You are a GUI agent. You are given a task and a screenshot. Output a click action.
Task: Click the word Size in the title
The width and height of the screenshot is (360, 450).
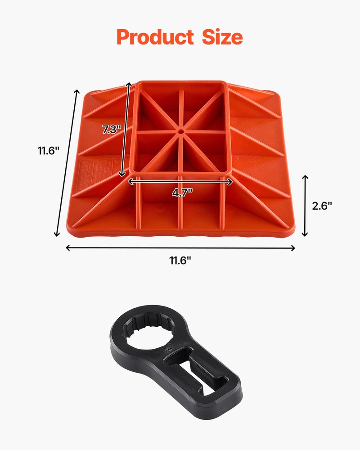click(220, 37)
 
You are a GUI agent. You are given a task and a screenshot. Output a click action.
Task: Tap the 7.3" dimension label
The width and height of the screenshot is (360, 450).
click(112, 130)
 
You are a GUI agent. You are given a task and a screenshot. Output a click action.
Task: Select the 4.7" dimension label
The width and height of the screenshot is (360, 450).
click(182, 192)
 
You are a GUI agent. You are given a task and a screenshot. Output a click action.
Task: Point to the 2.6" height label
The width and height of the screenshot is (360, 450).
click(322, 206)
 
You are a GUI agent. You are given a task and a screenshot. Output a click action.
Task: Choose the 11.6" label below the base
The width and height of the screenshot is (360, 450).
click(180, 261)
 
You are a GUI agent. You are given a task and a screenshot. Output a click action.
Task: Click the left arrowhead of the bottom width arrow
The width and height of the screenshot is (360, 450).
click(67, 247)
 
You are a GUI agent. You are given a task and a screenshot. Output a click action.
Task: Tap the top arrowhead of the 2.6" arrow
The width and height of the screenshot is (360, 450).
click(305, 177)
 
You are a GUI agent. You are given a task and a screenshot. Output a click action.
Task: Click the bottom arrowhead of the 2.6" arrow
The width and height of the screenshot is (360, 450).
click(305, 234)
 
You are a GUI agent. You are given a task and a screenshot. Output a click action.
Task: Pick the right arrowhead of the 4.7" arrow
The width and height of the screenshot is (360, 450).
click(231, 182)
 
